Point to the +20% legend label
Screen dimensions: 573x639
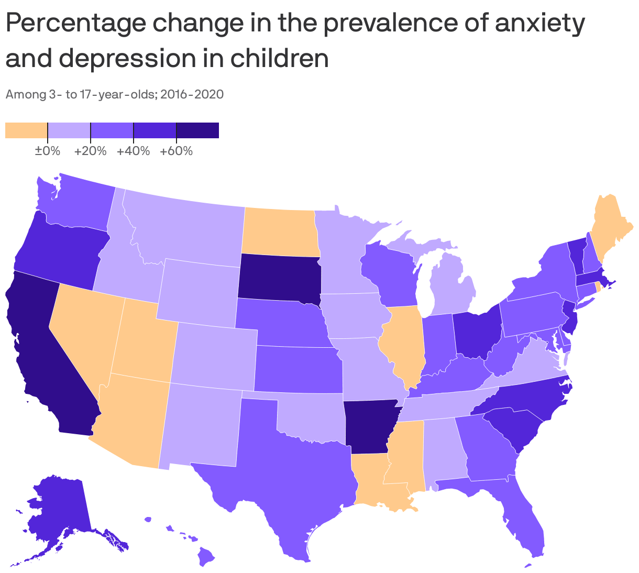pyautogui.click(x=91, y=151)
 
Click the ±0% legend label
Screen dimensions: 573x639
pyautogui.click(x=48, y=151)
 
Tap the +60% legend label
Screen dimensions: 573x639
pyautogui.click(x=177, y=151)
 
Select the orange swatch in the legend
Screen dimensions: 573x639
pyautogui.click(x=26, y=130)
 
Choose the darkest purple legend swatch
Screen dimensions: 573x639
pyautogui.click(x=197, y=130)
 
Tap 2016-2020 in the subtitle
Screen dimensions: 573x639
pyautogui.click(x=192, y=95)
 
